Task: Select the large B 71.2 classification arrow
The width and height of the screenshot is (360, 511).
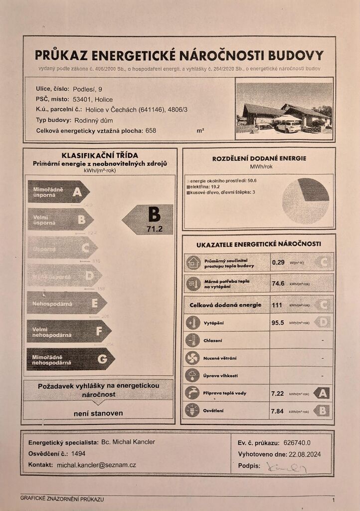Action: [149, 220]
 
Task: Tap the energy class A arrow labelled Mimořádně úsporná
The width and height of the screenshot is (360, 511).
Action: [58, 192]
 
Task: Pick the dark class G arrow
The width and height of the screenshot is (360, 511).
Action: [70, 359]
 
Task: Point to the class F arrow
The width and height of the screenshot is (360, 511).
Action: [68, 331]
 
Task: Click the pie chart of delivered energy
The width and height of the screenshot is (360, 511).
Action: [305, 201]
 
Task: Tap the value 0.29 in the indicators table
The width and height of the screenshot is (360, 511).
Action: [278, 262]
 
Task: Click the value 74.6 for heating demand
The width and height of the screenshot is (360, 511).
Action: [278, 283]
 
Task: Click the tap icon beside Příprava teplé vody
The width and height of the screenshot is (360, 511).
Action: [192, 393]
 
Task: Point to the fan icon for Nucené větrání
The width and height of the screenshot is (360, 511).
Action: [192, 358]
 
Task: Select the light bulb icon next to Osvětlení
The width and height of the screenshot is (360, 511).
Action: [192, 410]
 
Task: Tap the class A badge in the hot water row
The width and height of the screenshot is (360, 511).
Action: [322, 393]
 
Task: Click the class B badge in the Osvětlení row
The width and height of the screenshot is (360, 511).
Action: [322, 411]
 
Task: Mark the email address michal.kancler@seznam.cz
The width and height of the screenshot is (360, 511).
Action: [96, 465]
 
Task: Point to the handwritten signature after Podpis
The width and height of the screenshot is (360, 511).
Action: [286, 467]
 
